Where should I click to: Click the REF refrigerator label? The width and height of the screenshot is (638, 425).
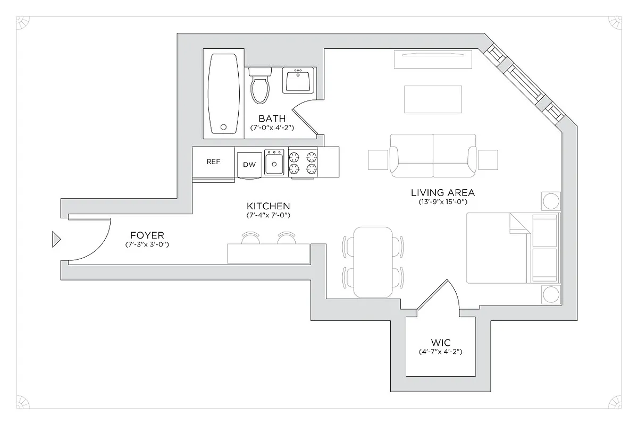[213, 162]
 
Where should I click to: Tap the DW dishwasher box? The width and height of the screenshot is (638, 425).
[249, 165]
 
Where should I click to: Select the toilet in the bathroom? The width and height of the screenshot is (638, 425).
[260, 86]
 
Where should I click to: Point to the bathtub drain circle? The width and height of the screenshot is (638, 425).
[224, 127]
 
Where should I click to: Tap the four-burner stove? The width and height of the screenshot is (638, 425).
[303, 163]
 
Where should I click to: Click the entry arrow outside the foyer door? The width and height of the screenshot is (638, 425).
[56, 240]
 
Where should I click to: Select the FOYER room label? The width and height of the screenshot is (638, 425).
[147, 235]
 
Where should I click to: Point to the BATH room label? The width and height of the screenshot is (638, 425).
[272, 118]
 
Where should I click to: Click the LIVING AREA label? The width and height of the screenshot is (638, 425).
[442, 192]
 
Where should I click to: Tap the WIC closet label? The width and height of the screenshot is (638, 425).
[441, 343]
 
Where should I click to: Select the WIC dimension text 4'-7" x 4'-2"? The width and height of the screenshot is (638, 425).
[440, 352]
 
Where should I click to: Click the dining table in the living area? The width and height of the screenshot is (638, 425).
[375, 262]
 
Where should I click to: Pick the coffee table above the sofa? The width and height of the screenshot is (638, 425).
[433, 99]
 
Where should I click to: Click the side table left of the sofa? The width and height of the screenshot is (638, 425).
[378, 159]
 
